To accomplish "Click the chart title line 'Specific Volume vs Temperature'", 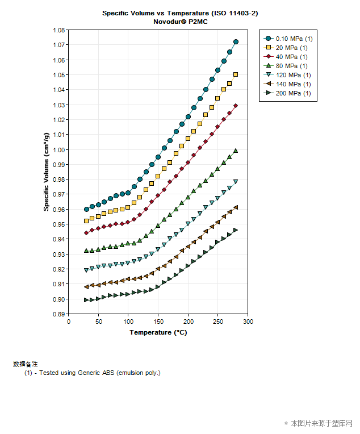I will point(176,12).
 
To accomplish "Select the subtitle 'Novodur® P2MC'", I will point(176,21).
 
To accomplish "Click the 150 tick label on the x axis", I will point(158,322).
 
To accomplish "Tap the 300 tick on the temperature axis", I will point(248,322).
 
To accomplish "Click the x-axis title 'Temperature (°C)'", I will point(158,332).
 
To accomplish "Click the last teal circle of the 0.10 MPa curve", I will point(236,41).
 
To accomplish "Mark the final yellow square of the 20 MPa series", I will point(236,74).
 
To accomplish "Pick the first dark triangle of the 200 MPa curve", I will point(86,300).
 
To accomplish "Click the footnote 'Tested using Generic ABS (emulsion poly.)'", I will point(100,373).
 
